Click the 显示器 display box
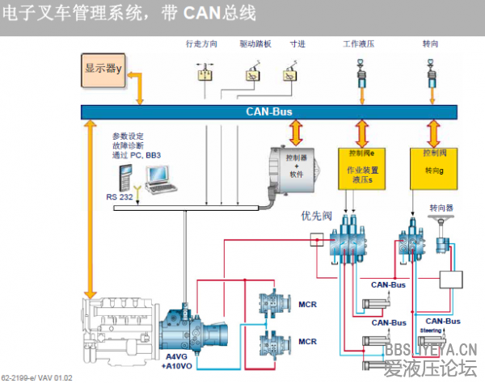click(x=103, y=69)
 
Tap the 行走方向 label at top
click(x=201, y=44)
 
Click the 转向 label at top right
click(x=430, y=44)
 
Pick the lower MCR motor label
click(x=307, y=342)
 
